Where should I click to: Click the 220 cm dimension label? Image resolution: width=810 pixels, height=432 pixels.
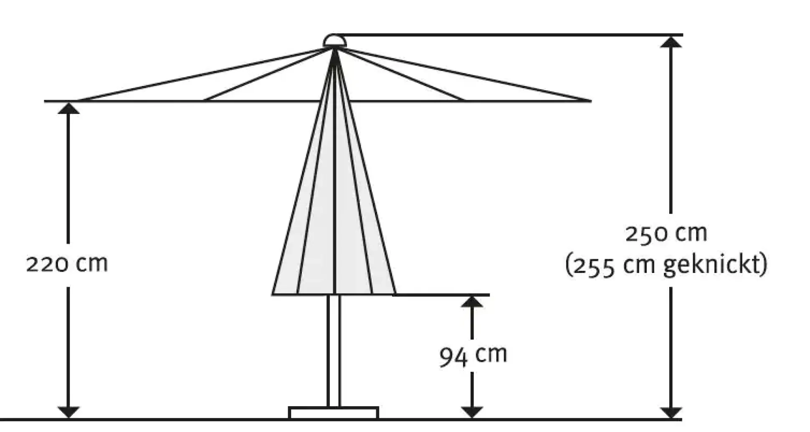tap(67, 264)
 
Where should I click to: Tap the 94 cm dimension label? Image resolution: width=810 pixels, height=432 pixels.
tap(473, 356)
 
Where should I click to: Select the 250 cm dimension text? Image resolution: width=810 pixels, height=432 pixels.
tap(666, 234)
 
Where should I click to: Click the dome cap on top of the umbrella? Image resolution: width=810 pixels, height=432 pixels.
tap(334, 41)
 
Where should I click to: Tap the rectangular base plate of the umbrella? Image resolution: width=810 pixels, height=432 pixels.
tap(334, 412)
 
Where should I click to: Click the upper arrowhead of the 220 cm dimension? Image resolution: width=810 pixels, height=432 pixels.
tap(68, 108)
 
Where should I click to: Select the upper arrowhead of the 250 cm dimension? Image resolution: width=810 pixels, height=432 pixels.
tap(671, 42)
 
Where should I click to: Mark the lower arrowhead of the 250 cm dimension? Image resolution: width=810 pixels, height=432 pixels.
tap(671, 412)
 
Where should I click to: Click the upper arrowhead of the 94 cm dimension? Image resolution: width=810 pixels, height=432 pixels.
tap(472, 301)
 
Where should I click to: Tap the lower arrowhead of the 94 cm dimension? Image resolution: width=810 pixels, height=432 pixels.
tap(472, 412)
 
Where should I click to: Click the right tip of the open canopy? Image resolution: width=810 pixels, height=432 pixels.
tap(590, 101)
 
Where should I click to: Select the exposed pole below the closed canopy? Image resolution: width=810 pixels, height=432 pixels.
tap(334, 351)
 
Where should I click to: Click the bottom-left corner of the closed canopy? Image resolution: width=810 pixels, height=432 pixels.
tap(273, 294)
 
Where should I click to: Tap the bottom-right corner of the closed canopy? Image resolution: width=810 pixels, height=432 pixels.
tap(395, 294)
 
